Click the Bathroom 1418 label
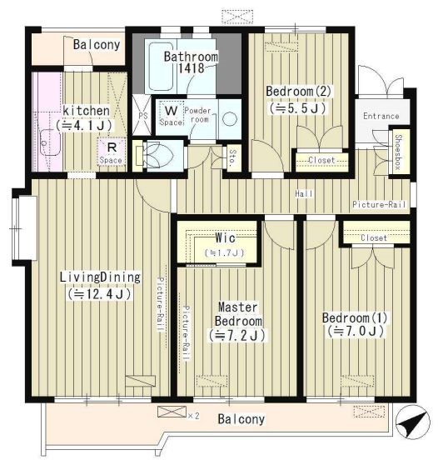tap(192, 62)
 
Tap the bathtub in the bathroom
tap(161, 67)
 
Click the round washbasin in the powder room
tap(230, 119)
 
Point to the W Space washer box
tap(171, 115)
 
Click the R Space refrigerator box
tap(111, 152)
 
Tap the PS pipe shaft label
tap(143, 115)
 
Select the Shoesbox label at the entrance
tap(398, 152)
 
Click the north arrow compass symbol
tap(413, 422)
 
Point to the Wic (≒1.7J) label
tap(224, 245)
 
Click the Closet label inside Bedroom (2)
tap(321, 161)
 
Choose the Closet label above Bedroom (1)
tap(374, 237)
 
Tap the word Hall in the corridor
tap(304, 194)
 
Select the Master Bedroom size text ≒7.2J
tap(237, 335)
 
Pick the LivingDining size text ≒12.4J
tap(99, 294)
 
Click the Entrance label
tap(381, 116)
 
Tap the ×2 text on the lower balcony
tap(193, 416)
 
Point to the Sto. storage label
tap(233, 157)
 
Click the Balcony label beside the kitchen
tap(97, 45)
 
